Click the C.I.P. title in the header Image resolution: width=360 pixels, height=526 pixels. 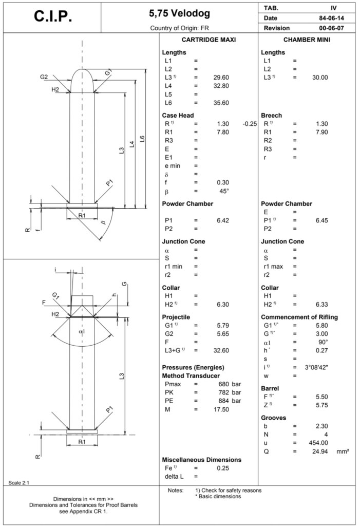[x=53, y=16]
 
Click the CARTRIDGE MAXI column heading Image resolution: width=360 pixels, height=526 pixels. [x=209, y=40]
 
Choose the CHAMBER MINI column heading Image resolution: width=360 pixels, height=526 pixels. [x=307, y=40]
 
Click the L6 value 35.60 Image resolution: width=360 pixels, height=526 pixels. [x=221, y=103]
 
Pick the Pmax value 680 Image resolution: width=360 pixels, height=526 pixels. [x=222, y=384]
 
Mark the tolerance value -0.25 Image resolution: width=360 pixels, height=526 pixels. [x=250, y=124]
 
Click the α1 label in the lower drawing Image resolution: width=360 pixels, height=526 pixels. [x=82, y=332]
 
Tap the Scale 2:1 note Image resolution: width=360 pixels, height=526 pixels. [x=19, y=482]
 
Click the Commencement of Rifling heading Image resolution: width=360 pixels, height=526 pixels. [x=299, y=317]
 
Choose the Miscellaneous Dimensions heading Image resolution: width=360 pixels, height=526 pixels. [x=201, y=460]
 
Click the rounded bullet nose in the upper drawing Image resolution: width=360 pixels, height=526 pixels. [x=82, y=80]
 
